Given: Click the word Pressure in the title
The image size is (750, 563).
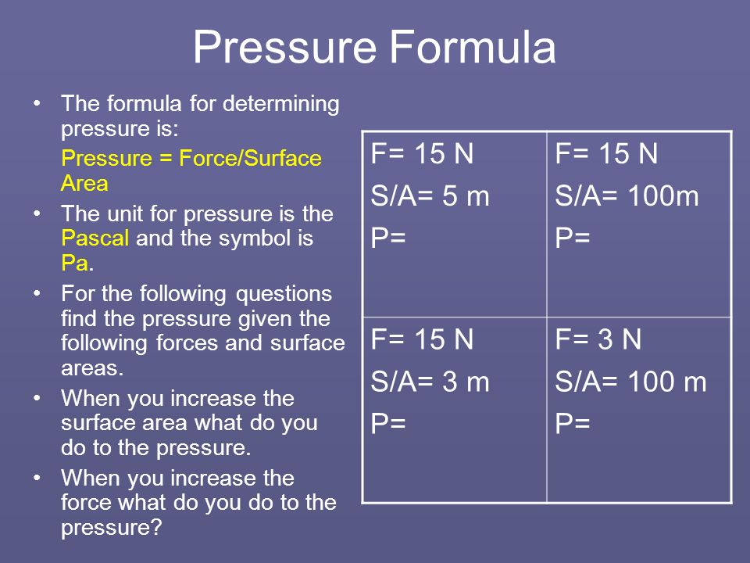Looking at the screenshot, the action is point(284,47).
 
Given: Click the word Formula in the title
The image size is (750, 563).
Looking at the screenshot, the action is point(472,47).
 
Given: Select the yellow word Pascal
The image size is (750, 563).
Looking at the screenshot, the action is point(95,238).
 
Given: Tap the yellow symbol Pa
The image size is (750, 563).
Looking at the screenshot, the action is point(75,263).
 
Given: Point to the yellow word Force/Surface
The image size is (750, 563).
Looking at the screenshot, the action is point(250,159).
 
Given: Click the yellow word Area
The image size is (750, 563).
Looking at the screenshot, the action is point(84,183).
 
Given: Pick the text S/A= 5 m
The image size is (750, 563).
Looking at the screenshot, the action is point(430,195).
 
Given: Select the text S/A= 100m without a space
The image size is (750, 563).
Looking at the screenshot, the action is point(627,195).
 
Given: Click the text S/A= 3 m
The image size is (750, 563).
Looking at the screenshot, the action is point(430,382).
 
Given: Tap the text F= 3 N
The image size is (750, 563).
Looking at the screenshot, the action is point(598,339).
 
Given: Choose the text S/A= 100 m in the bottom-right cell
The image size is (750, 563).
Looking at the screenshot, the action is point(630,382).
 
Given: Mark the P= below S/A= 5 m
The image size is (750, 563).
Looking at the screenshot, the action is point(388,237).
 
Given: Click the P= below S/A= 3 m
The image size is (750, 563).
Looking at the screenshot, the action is point(388,423).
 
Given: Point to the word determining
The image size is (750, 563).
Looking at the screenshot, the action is point(281,104).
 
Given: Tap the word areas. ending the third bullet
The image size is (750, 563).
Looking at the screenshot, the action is point(92,368).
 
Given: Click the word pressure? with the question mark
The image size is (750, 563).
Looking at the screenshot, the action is point(112,528).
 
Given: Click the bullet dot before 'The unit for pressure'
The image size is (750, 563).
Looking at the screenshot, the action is point(37,213).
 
